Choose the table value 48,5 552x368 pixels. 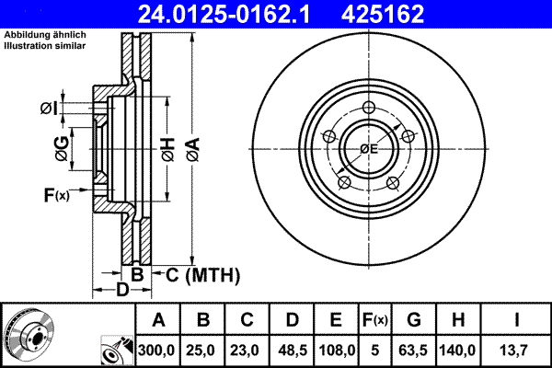click(293, 350)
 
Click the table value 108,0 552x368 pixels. click(337, 350)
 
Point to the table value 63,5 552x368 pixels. click(413, 350)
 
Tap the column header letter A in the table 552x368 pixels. click(158, 320)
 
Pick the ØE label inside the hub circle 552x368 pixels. click(369, 149)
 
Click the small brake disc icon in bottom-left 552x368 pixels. click(28, 330)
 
